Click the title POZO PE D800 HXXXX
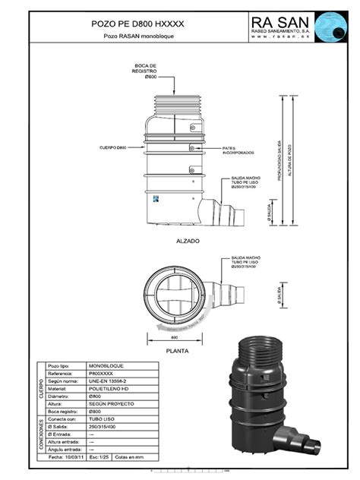pyautogui.click(x=134, y=25)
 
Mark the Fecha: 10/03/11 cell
pyautogui.click(x=64, y=458)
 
